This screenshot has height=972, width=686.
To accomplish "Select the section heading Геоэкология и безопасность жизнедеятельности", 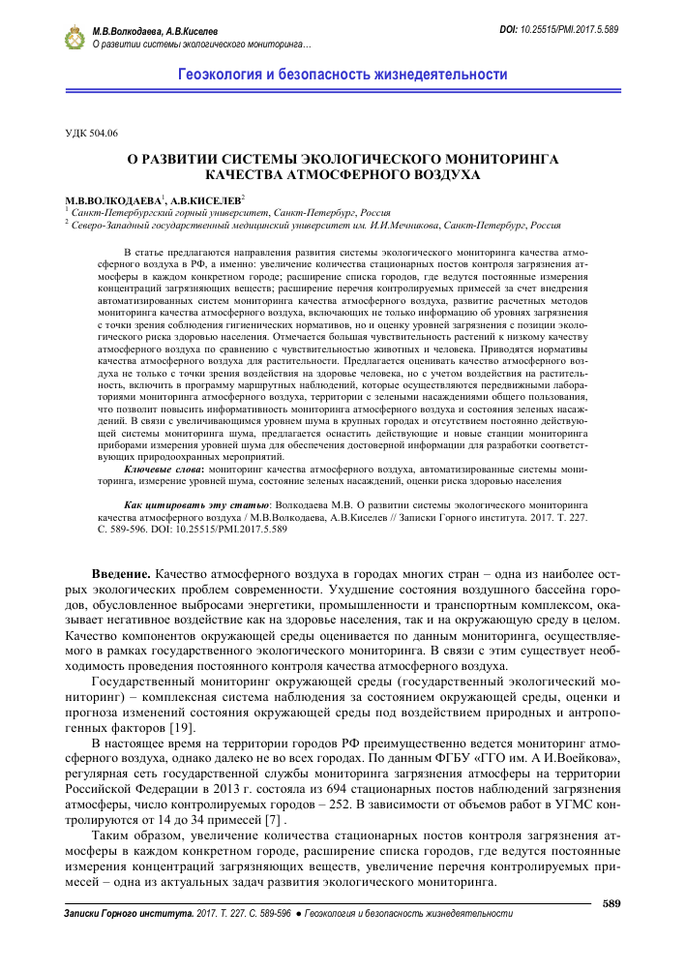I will click(x=343, y=75).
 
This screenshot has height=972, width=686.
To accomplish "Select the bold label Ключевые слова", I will click(x=165, y=468).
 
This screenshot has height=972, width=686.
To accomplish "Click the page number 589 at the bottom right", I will click(x=611, y=903).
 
